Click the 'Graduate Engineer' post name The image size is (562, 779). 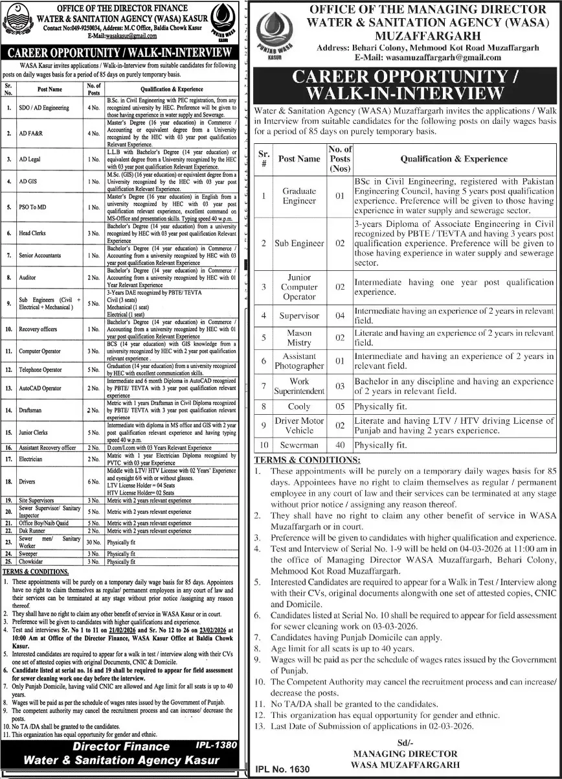(x=299, y=196)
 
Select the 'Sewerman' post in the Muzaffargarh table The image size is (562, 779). (x=299, y=446)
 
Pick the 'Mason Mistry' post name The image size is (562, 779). (x=299, y=338)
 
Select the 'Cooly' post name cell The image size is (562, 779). (x=299, y=406)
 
